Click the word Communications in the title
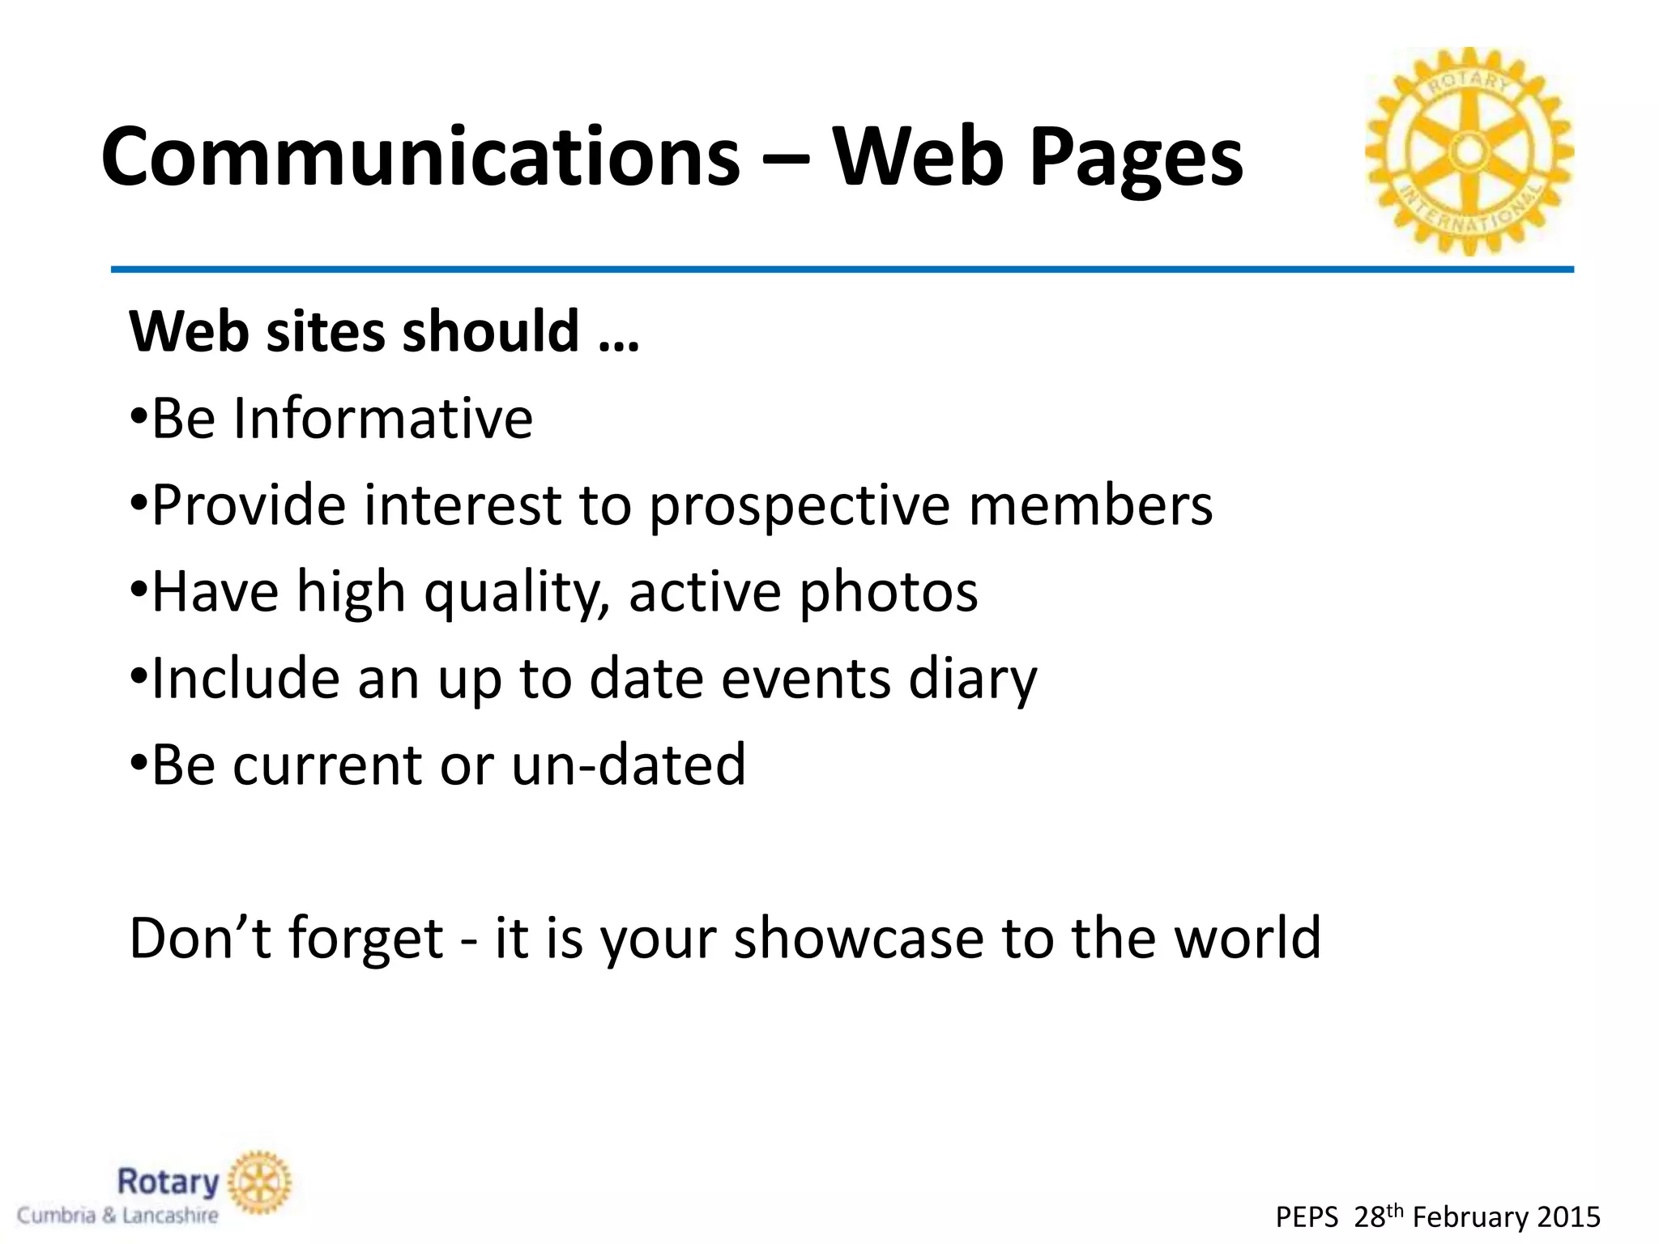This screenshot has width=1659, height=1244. click(420, 157)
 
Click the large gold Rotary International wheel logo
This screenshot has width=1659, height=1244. click(1469, 151)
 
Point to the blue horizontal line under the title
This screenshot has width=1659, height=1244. click(842, 269)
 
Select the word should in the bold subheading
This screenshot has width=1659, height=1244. click(491, 331)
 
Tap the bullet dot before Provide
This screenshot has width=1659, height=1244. click(139, 505)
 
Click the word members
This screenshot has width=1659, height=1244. click(1090, 505)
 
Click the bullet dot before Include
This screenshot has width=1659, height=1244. click(139, 679)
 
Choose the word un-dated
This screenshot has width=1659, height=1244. click(629, 765)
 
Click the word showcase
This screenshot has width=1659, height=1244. click(858, 938)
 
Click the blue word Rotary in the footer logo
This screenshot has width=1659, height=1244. click(168, 1182)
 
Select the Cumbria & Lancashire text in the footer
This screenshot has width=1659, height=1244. click(118, 1216)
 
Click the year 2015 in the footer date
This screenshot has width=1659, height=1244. click(1568, 1217)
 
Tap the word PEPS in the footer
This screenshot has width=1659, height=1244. click(1307, 1217)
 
